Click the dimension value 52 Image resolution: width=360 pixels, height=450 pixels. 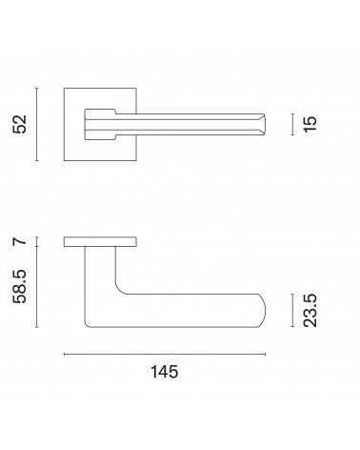click(20, 124)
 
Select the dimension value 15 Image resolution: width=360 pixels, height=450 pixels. click(310, 124)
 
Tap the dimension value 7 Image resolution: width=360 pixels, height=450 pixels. click(20, 241)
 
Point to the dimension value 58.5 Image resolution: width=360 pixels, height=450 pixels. click(20, 286)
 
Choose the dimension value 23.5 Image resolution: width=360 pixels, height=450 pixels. click(310, 311)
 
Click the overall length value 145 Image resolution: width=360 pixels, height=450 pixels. click(164, 372)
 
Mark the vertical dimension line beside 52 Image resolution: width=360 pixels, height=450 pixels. click(37, 124)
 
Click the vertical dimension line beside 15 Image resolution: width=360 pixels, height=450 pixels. click(292, 124)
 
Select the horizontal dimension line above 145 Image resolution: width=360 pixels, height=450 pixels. click(165, 354)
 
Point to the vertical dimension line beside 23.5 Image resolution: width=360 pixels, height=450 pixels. click(292, 311)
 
